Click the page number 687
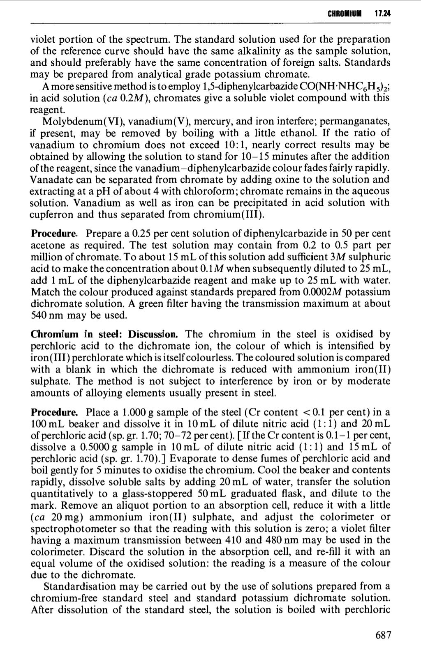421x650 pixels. pyautogui.click(x=383, y=635)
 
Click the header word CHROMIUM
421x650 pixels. pyautogui.click(x=345, y=14)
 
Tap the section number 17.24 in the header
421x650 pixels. pyautogui.click(x=383, y=14)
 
